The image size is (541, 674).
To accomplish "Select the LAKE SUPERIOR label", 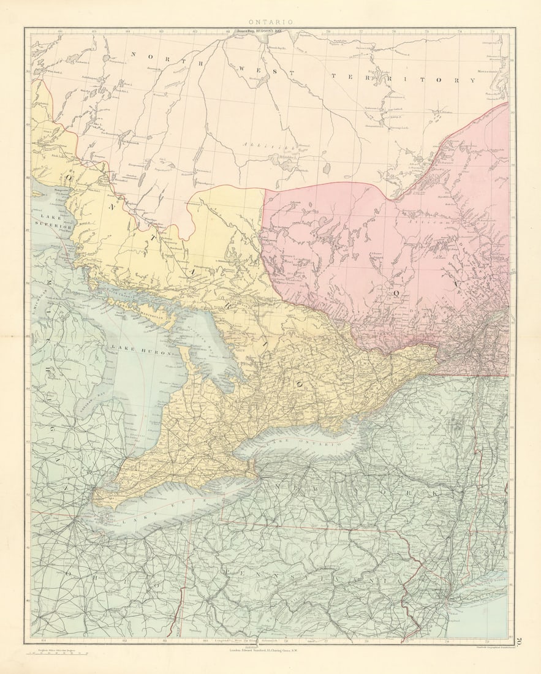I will tap(51, 222).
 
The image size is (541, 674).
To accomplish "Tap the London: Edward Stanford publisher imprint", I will tap(270, 649).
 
